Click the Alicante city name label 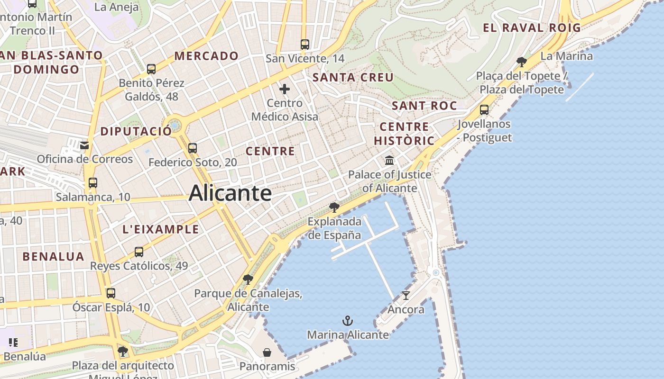230,193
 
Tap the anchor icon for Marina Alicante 348,321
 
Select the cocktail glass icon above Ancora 406,296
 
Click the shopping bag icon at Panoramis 267,352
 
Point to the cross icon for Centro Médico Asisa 285,89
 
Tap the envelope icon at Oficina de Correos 84,145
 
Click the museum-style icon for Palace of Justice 389,161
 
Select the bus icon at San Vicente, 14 305,45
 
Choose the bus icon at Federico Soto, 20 193,148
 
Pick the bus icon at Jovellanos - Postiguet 484,110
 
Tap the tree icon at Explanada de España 334,207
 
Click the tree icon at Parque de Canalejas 248,279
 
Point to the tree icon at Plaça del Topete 522,62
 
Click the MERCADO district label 206,56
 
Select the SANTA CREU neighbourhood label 353,77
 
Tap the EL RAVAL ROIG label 532,27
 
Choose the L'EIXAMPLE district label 161,229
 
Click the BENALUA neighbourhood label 54,257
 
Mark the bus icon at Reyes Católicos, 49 139,252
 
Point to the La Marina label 567,56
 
